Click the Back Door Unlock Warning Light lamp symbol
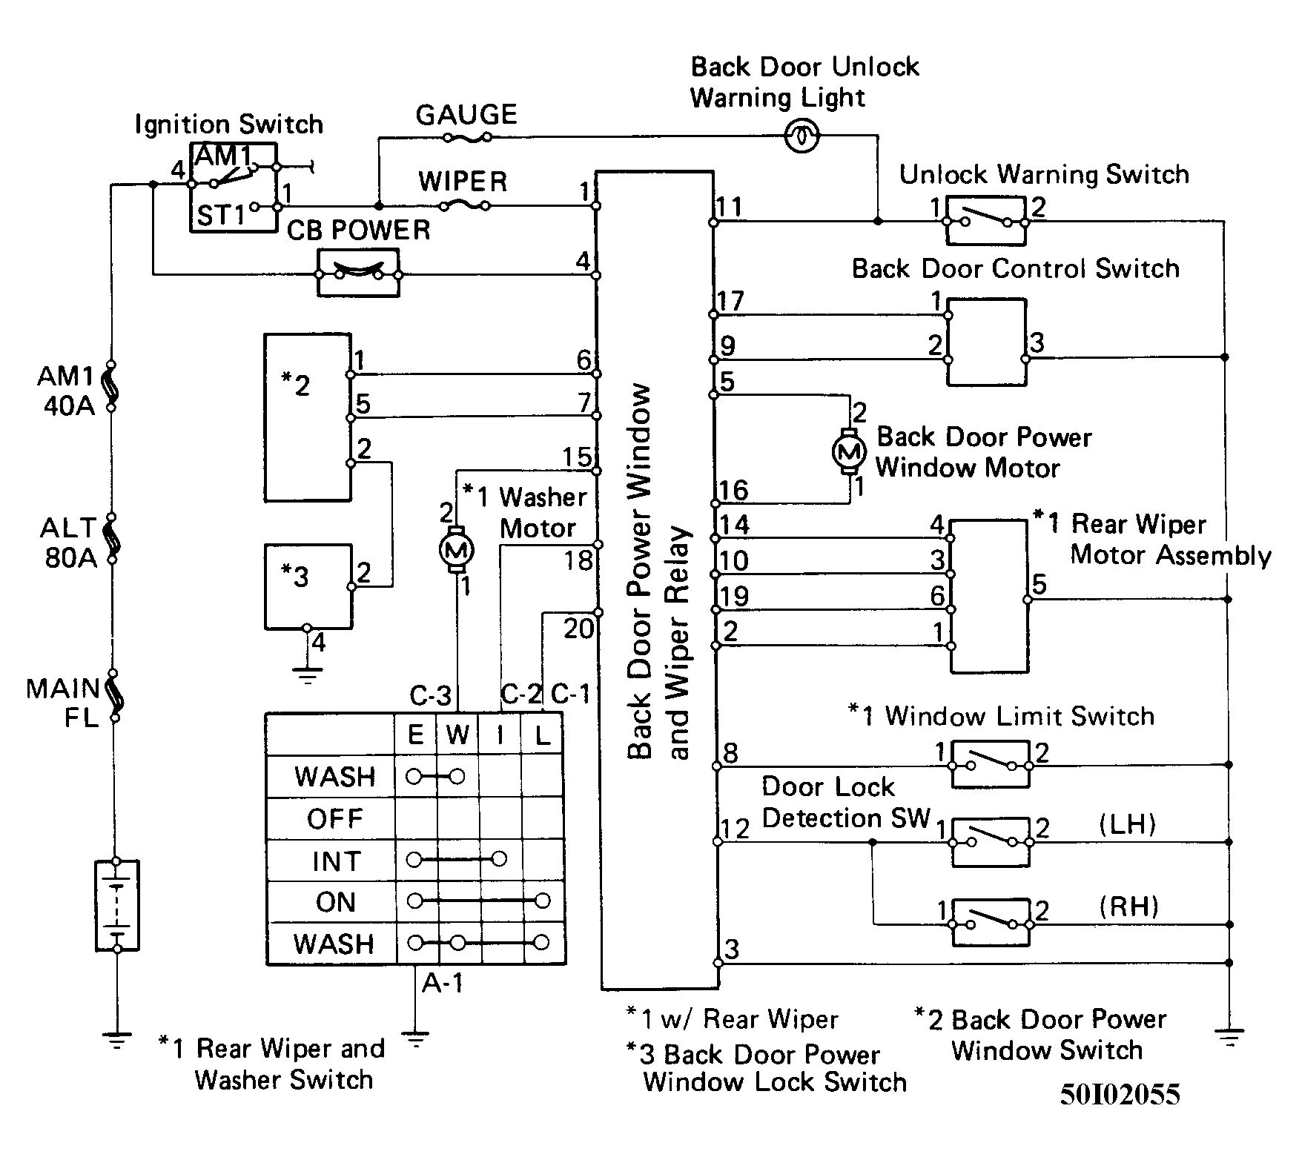801,136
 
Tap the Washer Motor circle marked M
457,550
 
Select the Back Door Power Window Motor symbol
850,451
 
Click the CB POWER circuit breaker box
358,273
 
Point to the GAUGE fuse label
466,115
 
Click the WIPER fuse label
463,182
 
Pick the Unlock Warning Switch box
986,221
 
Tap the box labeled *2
307,417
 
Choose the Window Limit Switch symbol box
991,763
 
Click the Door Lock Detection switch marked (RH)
991,923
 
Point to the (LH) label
1128,823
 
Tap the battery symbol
117,905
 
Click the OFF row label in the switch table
335,819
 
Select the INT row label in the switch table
337,861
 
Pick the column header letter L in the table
543,735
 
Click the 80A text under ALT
71,557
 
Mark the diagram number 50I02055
1120,1095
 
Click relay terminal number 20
578,629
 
